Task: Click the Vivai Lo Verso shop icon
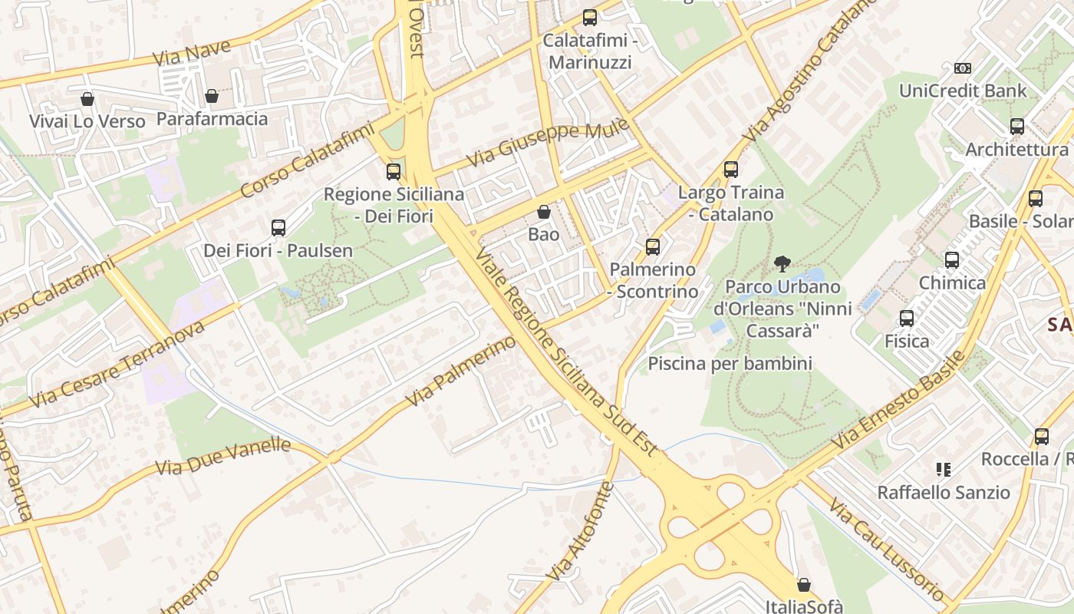click(x=87, y=99)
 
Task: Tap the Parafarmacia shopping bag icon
click(x=212, y=96)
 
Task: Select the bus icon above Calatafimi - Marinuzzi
click(x=589, y=18)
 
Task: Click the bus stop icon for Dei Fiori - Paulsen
click(x=278, y=228)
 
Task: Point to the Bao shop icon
click(x=544, y=212)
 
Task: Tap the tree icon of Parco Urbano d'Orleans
click(x=782, y=265)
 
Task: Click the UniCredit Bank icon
click(x=962, y=68)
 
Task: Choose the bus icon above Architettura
click(x=1017, y=127)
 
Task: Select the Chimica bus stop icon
click(x=952, y=260)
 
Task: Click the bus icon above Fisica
click(x=907, y=319)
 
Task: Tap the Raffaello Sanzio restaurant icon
click(x=944, y=470)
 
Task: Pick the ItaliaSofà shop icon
click(x=804, y=586)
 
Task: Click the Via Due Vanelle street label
click(x=223, y=457)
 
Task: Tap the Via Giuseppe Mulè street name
click(x=549, y=142)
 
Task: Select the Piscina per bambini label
click(x=730, y=363)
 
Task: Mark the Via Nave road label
click(x=191, y=53)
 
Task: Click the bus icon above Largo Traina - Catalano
click(x=731, y=170)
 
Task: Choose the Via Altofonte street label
click(x=581, y=530)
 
